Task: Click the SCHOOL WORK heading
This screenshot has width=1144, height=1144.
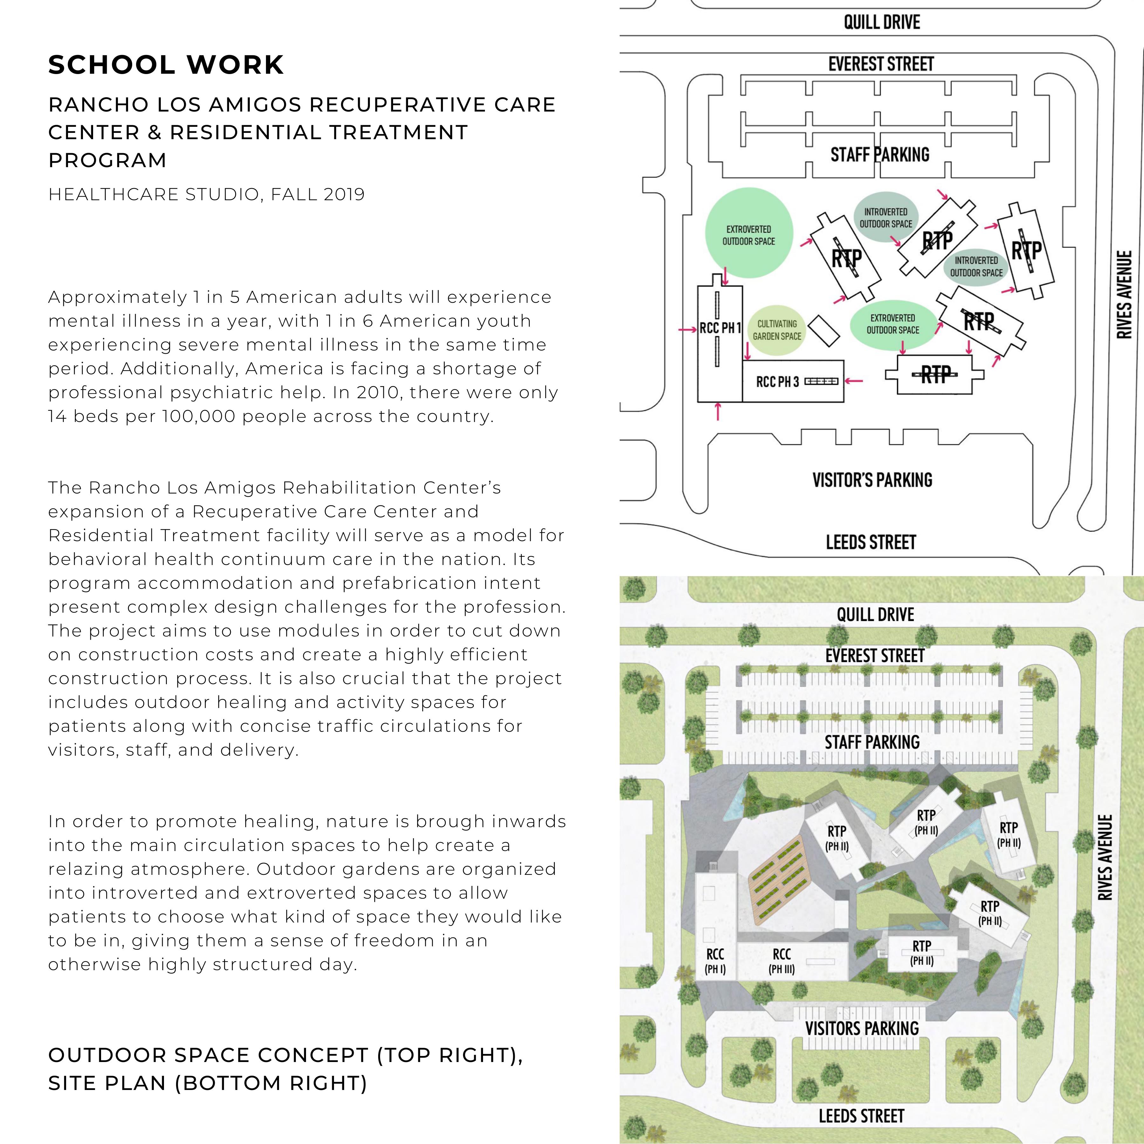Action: [x=166, y=65]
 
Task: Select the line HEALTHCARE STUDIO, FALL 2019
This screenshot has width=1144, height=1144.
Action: [x=206, y=194]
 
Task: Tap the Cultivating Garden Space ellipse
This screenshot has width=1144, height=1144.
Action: [x=776, y=330]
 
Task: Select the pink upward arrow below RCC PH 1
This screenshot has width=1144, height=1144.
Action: [x=718, y=411]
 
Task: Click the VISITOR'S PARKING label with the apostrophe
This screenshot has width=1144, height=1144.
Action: [x=872, y=480]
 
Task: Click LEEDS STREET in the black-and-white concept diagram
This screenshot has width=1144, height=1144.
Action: [x=870, y=542]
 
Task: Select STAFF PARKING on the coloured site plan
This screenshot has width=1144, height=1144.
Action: [x=872, y=742]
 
